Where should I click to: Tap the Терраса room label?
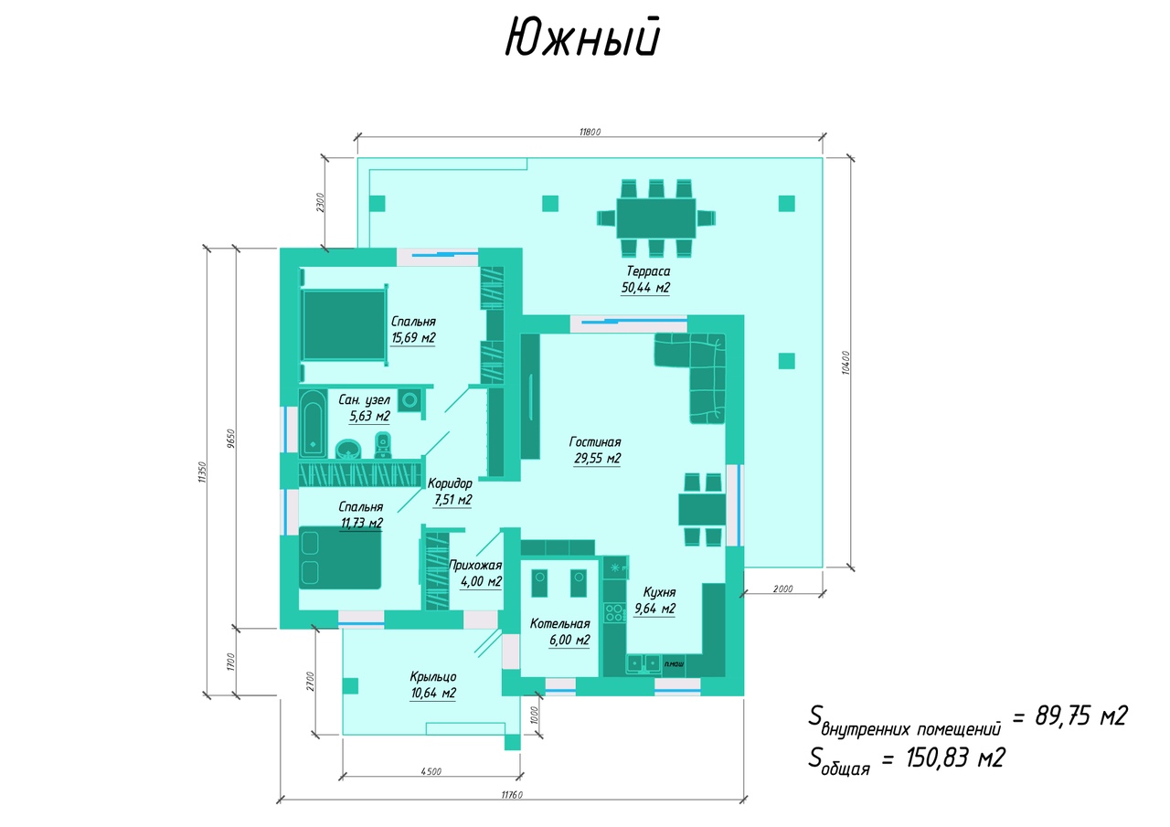pos(648,271)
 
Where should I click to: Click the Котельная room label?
pos(559,623)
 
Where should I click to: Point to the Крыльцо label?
pos(432,676)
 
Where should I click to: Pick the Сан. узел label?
pos(364,399)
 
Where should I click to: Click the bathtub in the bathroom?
pos(313,422)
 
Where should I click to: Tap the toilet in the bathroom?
pos(383,446)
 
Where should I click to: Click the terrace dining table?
pos(655,218)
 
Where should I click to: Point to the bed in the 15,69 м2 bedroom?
pos(344,325)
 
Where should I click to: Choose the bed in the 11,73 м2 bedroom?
pos(340,557)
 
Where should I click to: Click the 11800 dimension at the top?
pos(590,132)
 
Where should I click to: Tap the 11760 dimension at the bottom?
pos(511,794)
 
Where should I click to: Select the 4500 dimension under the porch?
pos(431,771)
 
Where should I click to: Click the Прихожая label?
pos(475,565)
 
